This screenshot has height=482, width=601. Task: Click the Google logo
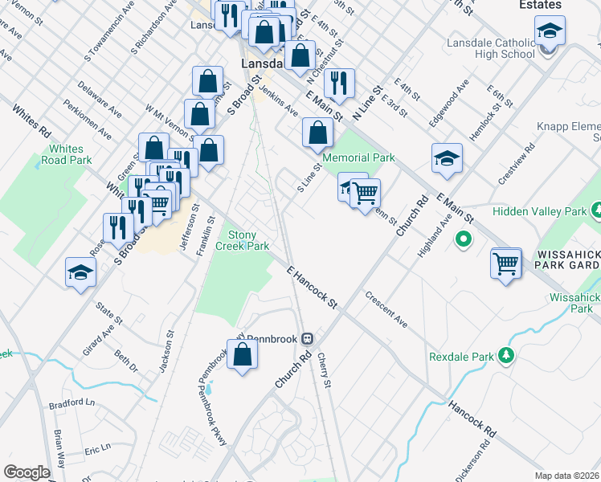[27, 472]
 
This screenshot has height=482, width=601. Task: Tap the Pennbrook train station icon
[308, 338]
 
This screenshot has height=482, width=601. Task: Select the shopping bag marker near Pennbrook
[242, 355]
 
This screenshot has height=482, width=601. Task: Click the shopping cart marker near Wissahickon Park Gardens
[506, 263]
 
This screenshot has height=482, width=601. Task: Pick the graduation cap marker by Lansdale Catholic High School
[550, 32]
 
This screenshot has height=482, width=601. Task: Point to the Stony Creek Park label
[247, 240]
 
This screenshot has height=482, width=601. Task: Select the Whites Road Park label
[66, 154]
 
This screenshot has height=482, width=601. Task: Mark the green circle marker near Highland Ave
[463, 239]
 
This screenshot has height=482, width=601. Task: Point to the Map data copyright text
[567, 474]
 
